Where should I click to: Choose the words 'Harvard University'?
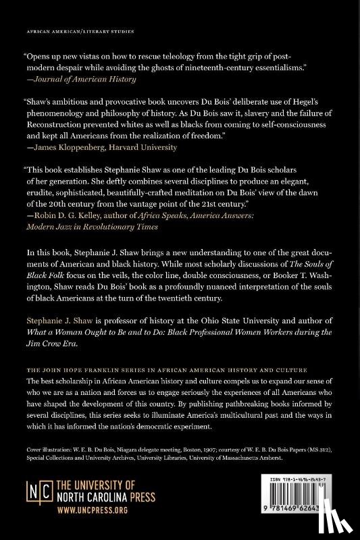tap(149, 145)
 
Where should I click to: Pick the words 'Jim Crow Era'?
tap(50, 340)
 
